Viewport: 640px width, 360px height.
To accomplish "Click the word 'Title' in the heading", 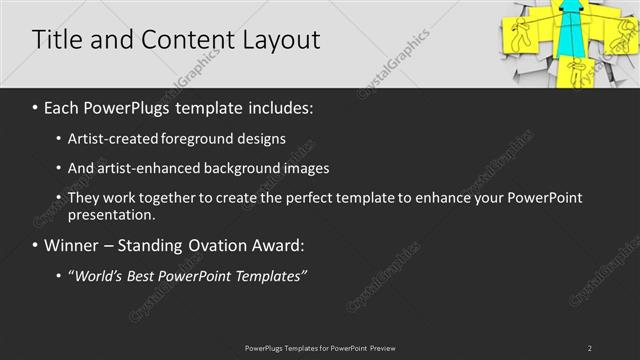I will (x=55, y=40).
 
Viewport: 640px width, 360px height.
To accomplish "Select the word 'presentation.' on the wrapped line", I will (x=111, y=214).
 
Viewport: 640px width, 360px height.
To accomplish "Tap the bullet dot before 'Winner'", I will (x=36, y=245).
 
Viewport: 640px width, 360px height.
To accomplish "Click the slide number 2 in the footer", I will (x=590, y=348).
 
